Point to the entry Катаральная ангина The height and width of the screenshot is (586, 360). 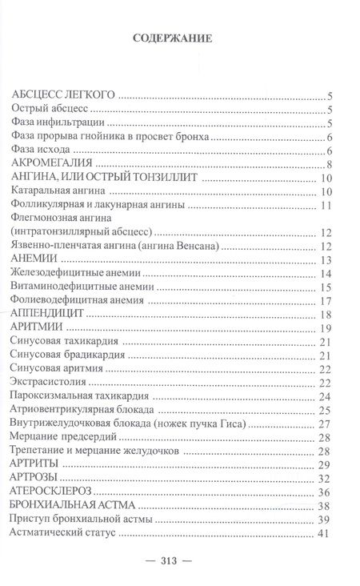pos(59,191)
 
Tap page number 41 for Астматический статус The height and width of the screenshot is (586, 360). pos(324,533)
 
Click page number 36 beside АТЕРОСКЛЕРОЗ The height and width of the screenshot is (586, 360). pos(324,492)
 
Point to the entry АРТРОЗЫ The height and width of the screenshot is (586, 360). pos(43,478)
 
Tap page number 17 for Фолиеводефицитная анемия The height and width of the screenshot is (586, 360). pos(325,300)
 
